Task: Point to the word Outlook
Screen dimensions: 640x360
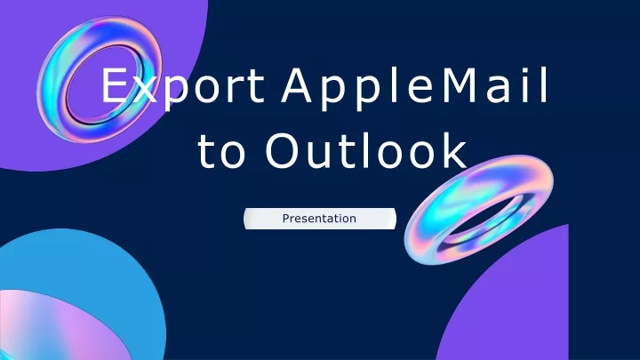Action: [x=366, y=149]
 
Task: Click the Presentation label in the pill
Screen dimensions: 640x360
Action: [x=319, y=219]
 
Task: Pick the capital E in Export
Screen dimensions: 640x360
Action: [x=115, y=85]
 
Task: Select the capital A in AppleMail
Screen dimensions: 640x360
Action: [x=297, y=85]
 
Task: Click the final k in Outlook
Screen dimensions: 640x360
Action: [x=454, y=150]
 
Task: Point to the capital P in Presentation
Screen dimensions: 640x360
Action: [x=285, y=218]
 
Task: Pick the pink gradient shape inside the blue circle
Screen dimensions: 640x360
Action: [x=53, y=326]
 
